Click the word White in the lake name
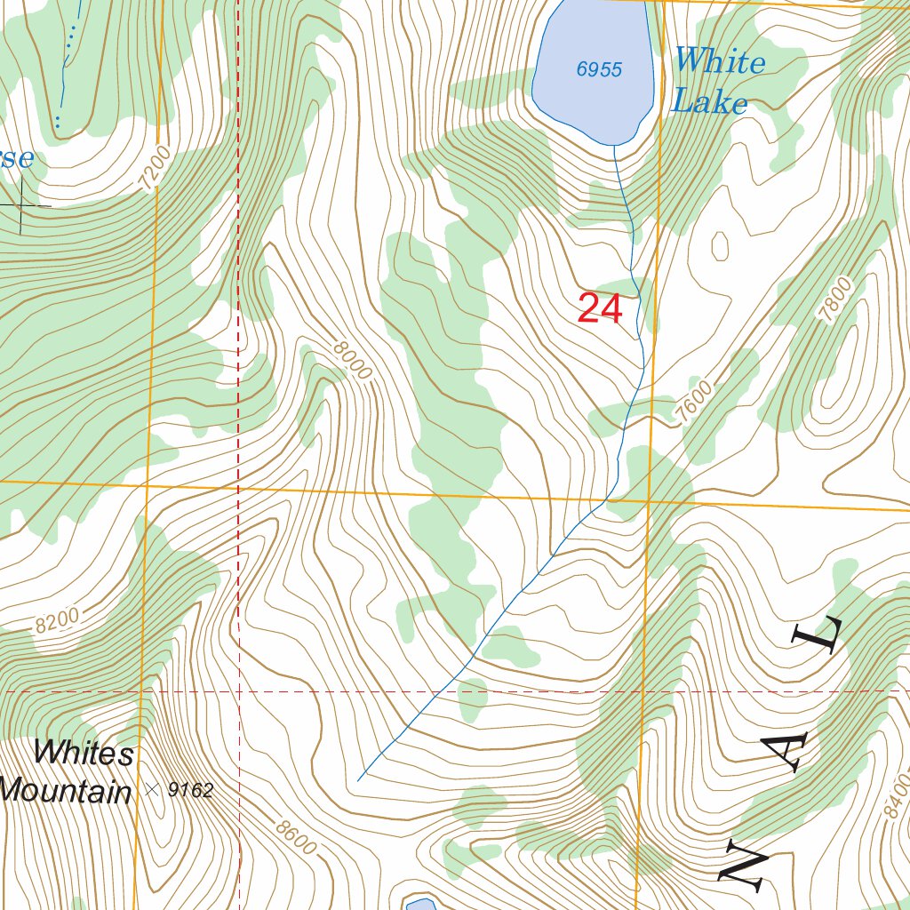719,63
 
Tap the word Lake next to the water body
708,102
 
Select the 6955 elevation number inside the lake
599,69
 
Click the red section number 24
600,309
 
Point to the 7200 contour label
154,167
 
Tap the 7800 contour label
836,300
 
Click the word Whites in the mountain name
84,754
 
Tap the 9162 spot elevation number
190,790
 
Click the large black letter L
818,634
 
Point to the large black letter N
745,863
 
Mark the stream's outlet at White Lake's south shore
613,145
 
